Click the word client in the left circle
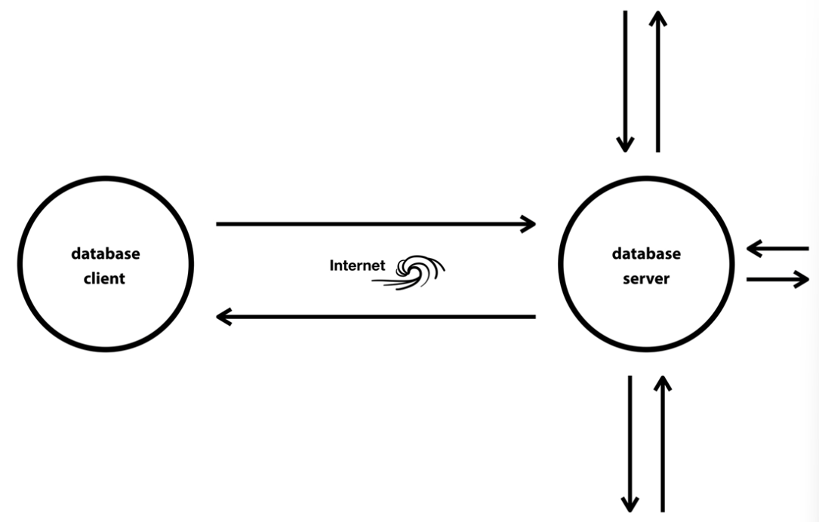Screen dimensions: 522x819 pos(104,278)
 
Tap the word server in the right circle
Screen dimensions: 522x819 pos(645,278)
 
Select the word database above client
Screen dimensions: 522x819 pos(105,253)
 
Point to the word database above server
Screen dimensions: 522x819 pos(646,253)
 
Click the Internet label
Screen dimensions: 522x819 pos(357,266)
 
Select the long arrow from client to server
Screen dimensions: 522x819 pos(375,223)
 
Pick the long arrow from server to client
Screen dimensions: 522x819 pos(375,317)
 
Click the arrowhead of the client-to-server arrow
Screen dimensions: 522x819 pos(528,223)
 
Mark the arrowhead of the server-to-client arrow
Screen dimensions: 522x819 pos(223,317)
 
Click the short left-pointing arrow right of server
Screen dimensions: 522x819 pos(777,247)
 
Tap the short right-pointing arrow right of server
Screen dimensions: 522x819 pos(777,279)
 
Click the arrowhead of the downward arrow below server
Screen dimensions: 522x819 pos(630,504)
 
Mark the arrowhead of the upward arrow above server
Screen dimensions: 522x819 pos(658,18)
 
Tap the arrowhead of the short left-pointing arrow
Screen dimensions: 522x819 pos(753,247)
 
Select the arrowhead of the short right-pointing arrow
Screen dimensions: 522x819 pos(802,279)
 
